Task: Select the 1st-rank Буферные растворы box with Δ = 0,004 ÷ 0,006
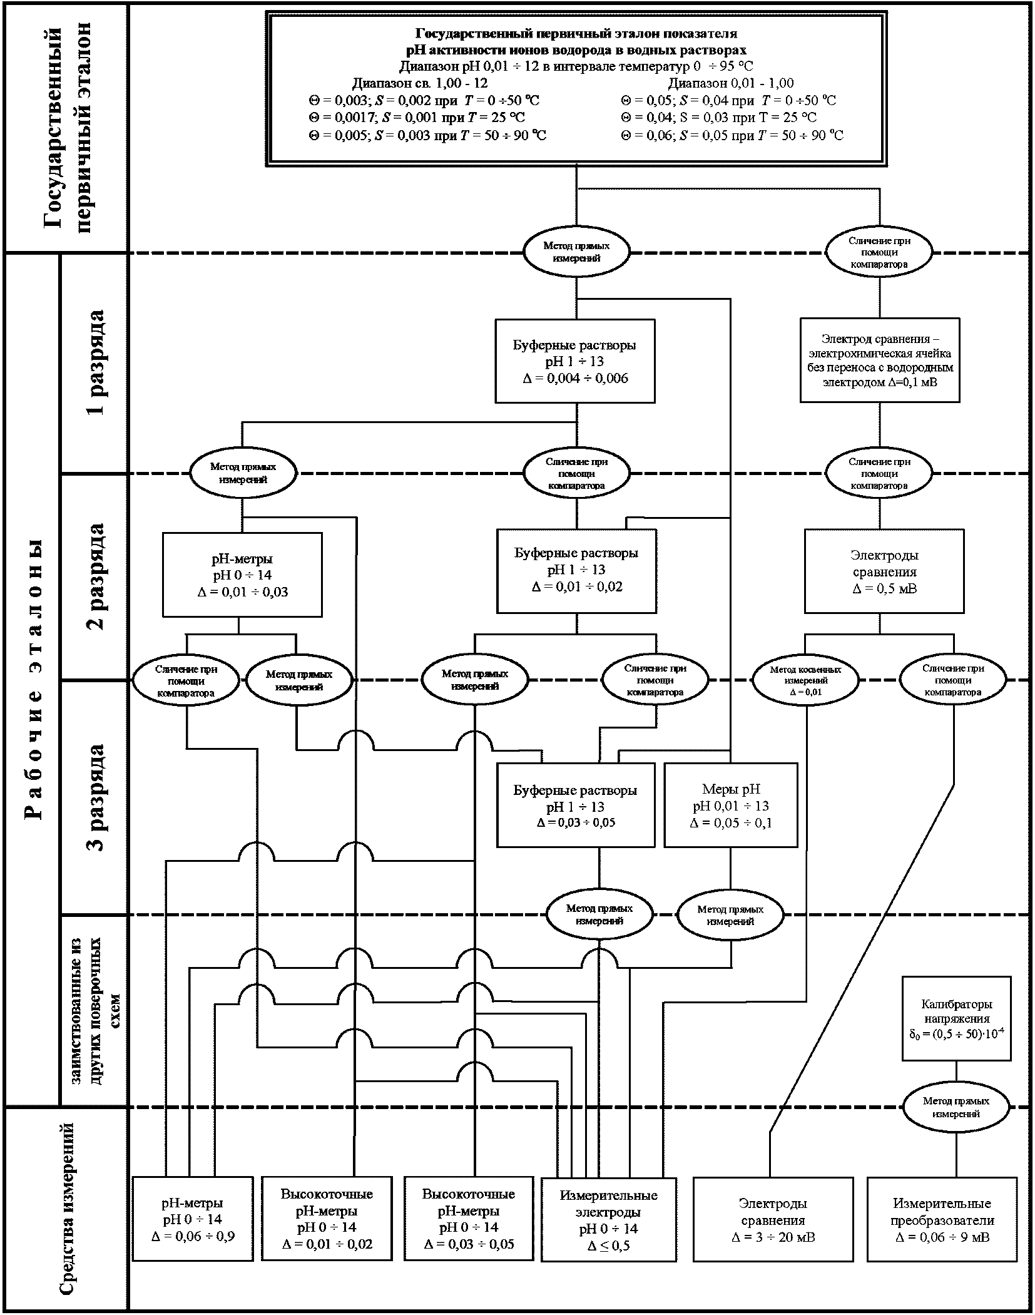coord(575,361)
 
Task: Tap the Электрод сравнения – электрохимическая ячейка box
coord(880,360)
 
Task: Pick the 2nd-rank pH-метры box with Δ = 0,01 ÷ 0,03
coord(242,575)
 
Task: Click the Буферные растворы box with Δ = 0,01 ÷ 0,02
coord(576,570)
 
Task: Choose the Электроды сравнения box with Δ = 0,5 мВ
coord(884,571)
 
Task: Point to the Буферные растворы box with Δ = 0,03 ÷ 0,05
coord(576,805)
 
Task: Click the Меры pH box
coord(731,805)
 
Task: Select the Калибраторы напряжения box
coord(956,1018)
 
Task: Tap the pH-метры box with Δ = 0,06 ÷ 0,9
coord(193,1219)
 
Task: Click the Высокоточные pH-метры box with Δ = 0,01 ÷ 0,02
coord(327,1219)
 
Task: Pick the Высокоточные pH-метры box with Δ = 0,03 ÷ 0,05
coord(469,1219)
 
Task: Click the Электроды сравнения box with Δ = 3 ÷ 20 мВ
coord(773,1219)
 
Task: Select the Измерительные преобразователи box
coord(942,1219)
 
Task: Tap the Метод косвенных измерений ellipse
coord(805,680)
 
